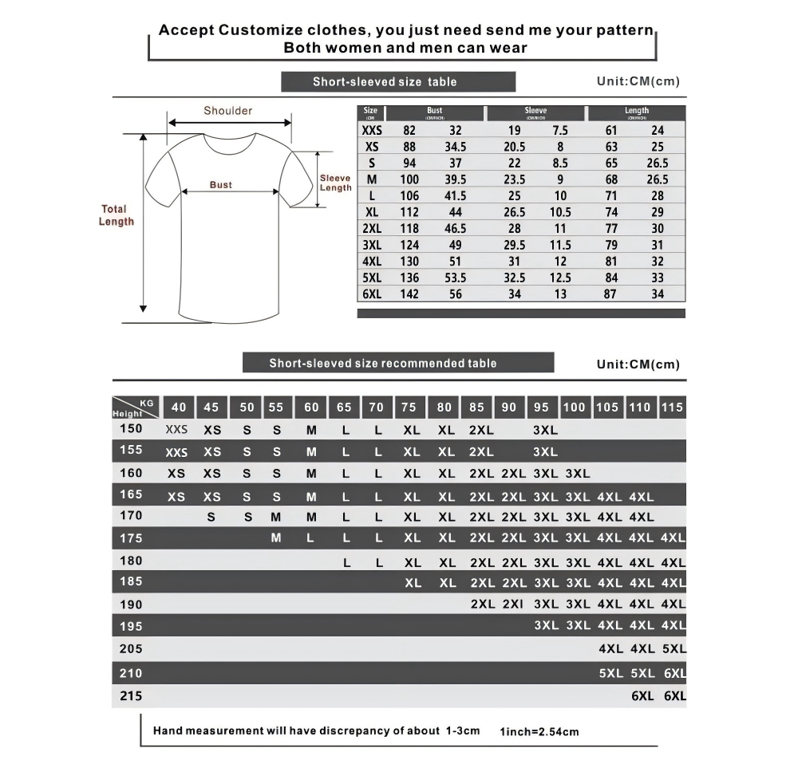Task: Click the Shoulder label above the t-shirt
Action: pos(227,111)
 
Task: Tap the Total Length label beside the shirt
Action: pos(116,215)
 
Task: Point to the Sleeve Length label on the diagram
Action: pos(335,183)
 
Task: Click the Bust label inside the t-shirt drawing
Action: pos(221,185)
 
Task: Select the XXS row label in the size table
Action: pos(372,130)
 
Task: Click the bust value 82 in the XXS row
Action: pos(409,130)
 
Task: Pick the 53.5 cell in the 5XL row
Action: pos(455,278)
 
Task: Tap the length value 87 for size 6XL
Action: pos(611,294)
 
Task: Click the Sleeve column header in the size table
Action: pos(535,112)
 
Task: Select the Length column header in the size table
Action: pos(637,112)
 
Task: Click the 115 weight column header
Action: pos(672,407)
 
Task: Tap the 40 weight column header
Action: pos(179,407)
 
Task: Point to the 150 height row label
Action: pos(131,428)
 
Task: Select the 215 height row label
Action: pos(131,695)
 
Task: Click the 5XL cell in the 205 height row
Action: pos(674,649)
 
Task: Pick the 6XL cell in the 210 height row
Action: pos(674,673)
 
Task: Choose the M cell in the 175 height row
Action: pos(276,538)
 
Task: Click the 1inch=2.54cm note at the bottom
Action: pos(539,731)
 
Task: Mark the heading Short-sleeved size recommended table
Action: pos(382,364)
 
